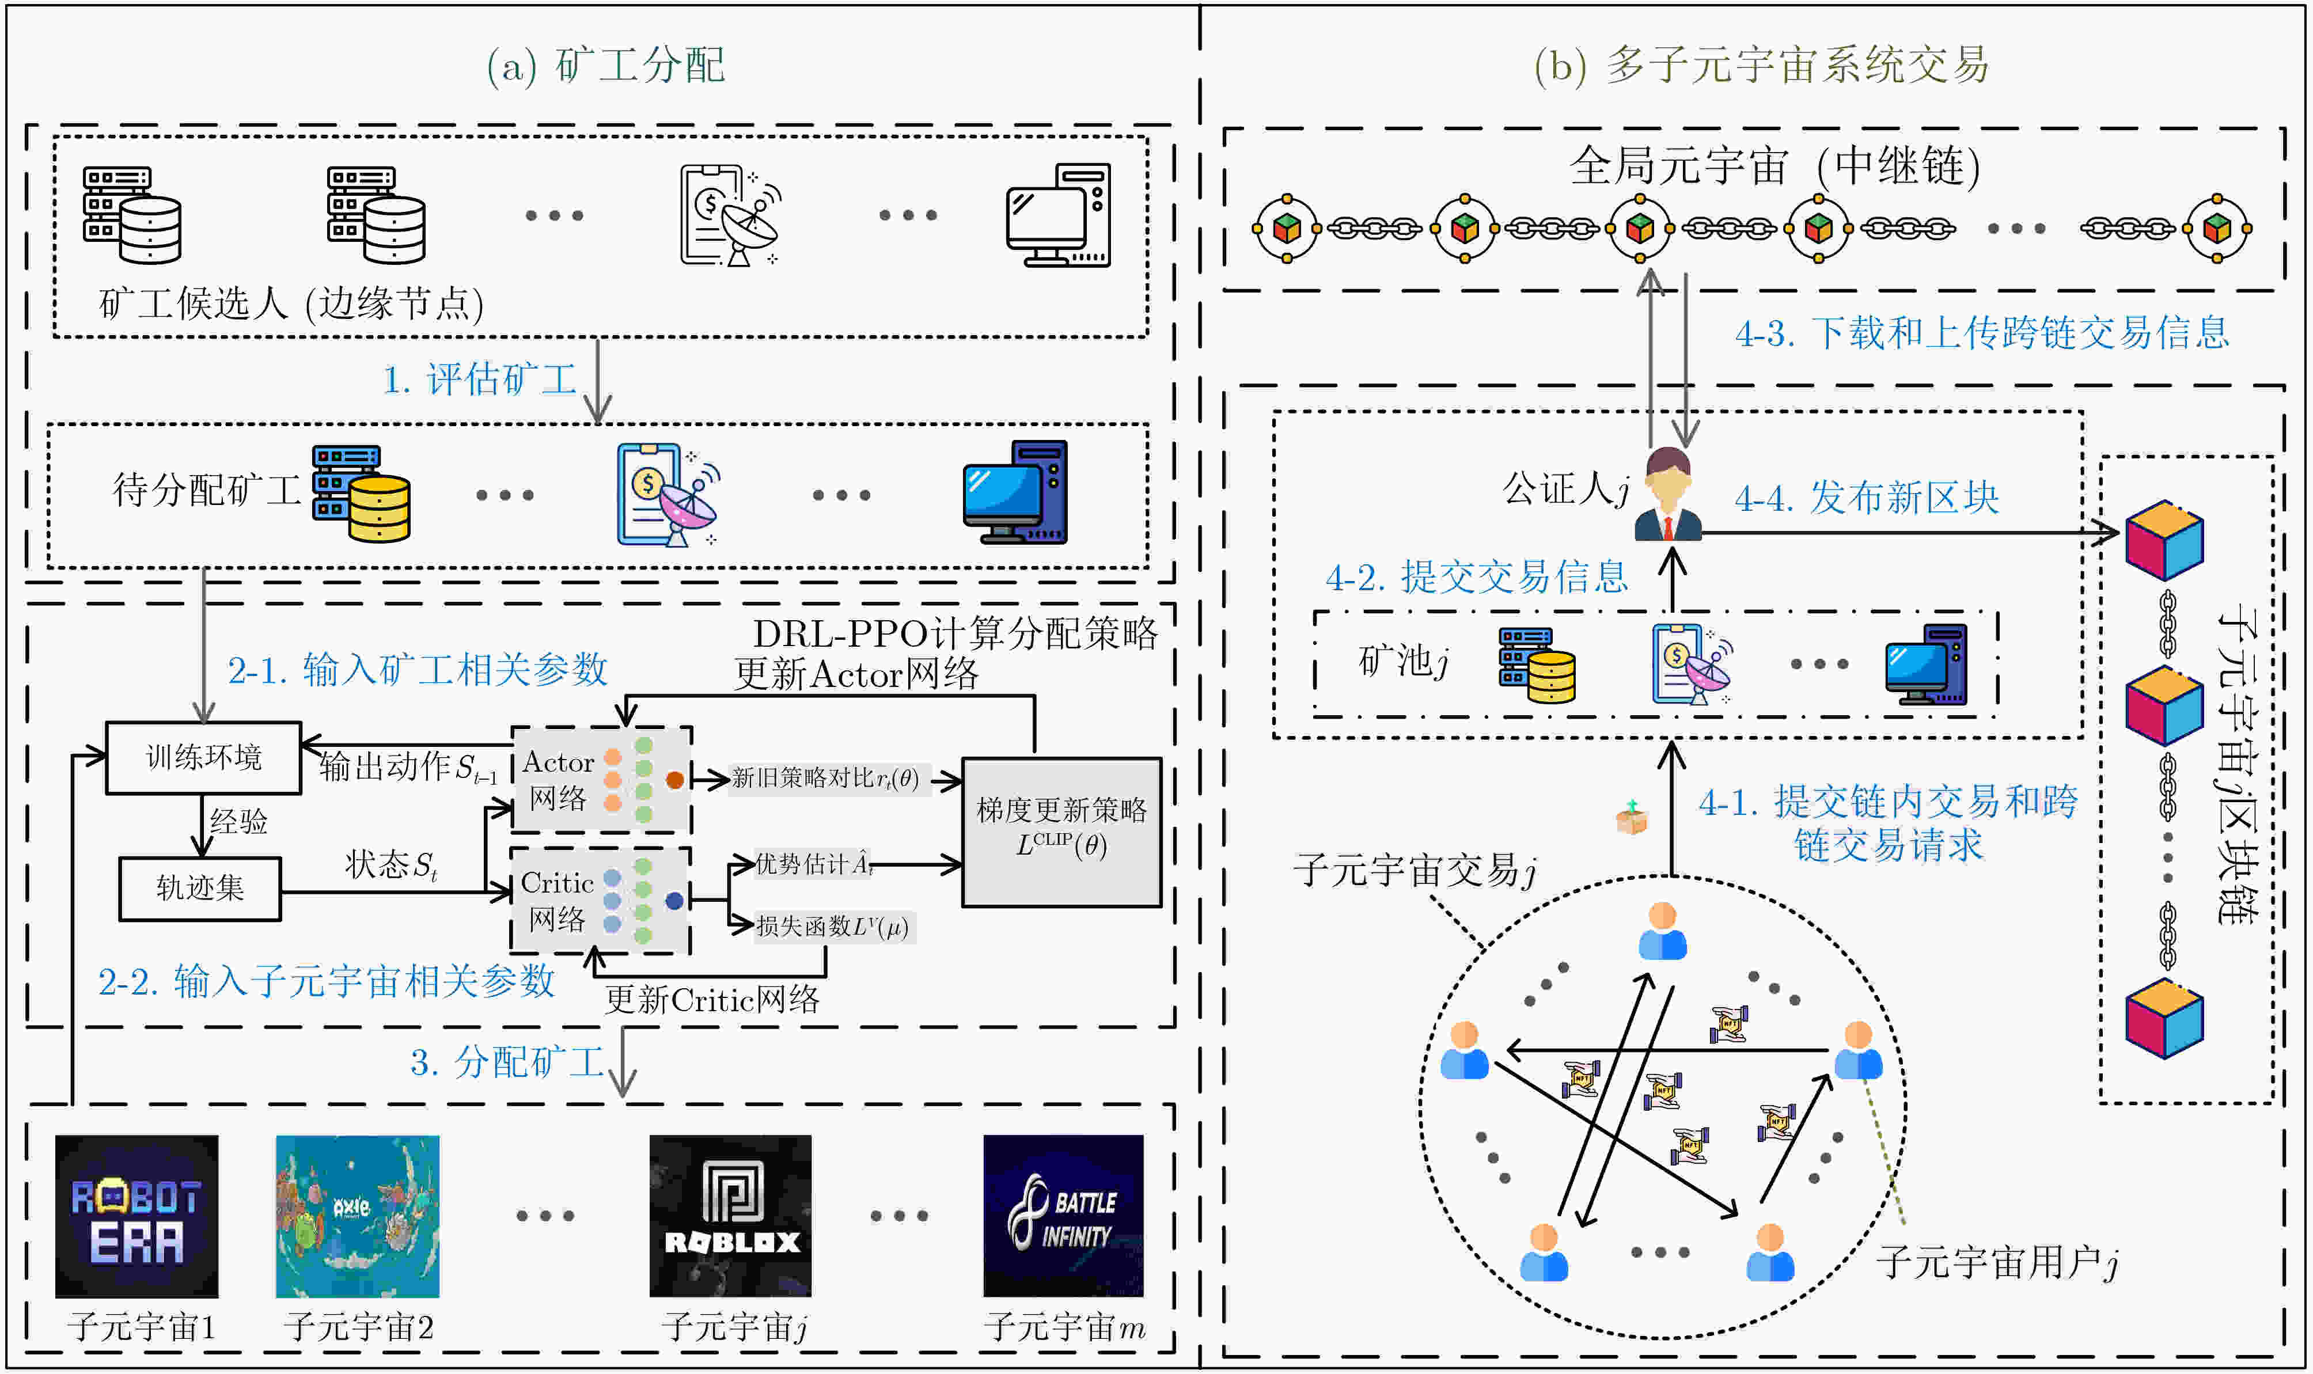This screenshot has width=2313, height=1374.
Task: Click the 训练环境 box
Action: pyautogui.click(x=204, y=757)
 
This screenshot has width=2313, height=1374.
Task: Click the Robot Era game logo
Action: pyautogui.click(x=137, y=1216)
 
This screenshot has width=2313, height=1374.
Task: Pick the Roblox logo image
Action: pyautogui.click(x=730, y=1216)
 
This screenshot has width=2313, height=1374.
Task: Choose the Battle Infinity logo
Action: pyautogui.click(x=1063, y=1216)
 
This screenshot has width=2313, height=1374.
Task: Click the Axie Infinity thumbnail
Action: pyautogui.click(x=358, y=1216)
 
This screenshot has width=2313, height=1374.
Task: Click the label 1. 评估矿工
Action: pyautogui.click(x=480, y=379)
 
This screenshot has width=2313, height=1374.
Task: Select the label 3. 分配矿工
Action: pyautogui.click(x=506, y=1062)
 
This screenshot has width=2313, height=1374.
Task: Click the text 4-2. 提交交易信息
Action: pyautogui.click(x=1477, y=577)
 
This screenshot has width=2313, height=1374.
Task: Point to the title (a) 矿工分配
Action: pyautogui.click(x=605, y=65)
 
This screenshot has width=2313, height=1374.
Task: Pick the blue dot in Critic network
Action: pyautogui.click(x=674, y=900)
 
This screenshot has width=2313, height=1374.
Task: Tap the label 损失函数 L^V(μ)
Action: pyautogui.click(x=832, y=926)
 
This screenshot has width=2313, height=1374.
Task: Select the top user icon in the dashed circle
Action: pyautogui.click(x=1662, y=931)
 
